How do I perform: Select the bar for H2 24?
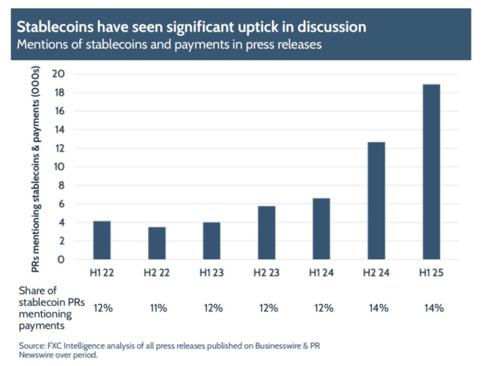(377, 200)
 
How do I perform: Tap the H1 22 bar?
(102, 240)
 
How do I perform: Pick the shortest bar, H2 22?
(157, 243)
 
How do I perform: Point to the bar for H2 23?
(267, 233)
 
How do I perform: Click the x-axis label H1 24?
(321, 272)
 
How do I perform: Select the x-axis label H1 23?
(212, 272)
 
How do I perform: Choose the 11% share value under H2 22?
(158, 308)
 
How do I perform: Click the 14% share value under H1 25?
(433, 308)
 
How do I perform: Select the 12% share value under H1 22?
(103, 308)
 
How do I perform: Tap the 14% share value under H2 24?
(378, 308)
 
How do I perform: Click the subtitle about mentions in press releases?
(169, 44)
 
